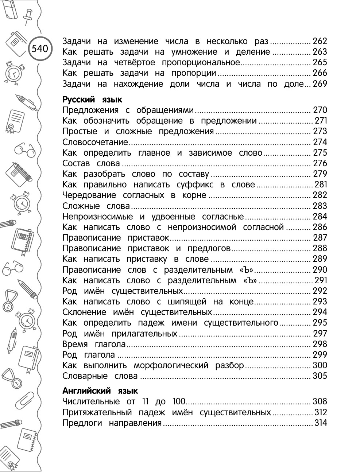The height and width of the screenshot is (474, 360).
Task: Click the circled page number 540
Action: (x=40, y=48)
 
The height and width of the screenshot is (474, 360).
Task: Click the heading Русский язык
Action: (x=92, y=100)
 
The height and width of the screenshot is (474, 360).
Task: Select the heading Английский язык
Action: (x=100, y=391)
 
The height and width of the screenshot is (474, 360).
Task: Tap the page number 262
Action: (x=320, y=41)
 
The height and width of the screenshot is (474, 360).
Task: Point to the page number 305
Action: (x=320, y=376)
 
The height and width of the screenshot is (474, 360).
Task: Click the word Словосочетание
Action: (x=95, y=142)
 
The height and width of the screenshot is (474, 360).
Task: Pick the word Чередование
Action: (x=89, y=195)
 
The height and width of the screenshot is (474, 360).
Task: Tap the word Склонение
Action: (x=84, y=312)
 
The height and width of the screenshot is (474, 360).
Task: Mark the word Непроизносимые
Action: (x=97, y=217)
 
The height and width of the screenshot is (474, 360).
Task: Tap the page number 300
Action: (x=320, y=365)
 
